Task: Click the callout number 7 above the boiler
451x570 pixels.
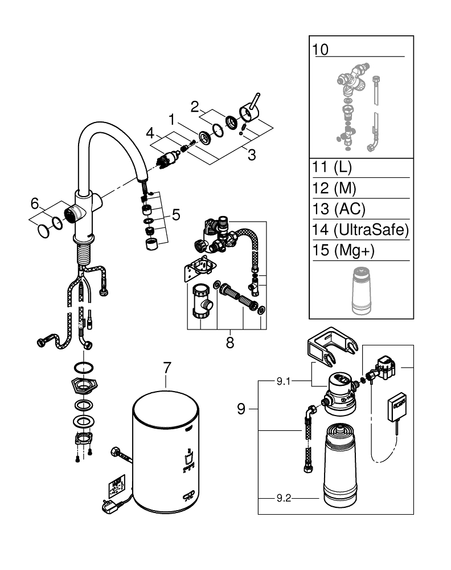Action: (166, 368)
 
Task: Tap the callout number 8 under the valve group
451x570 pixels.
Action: (229, 343)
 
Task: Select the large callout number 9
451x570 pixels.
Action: (241, 409)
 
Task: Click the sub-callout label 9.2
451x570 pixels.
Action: (283, 497)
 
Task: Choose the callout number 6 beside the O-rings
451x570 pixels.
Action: (35, 203)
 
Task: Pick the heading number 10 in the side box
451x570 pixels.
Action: (321, 49)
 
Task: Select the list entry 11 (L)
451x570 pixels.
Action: (333, 169)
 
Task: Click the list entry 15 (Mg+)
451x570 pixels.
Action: (339, 250)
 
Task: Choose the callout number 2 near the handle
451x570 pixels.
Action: (195, 107)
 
